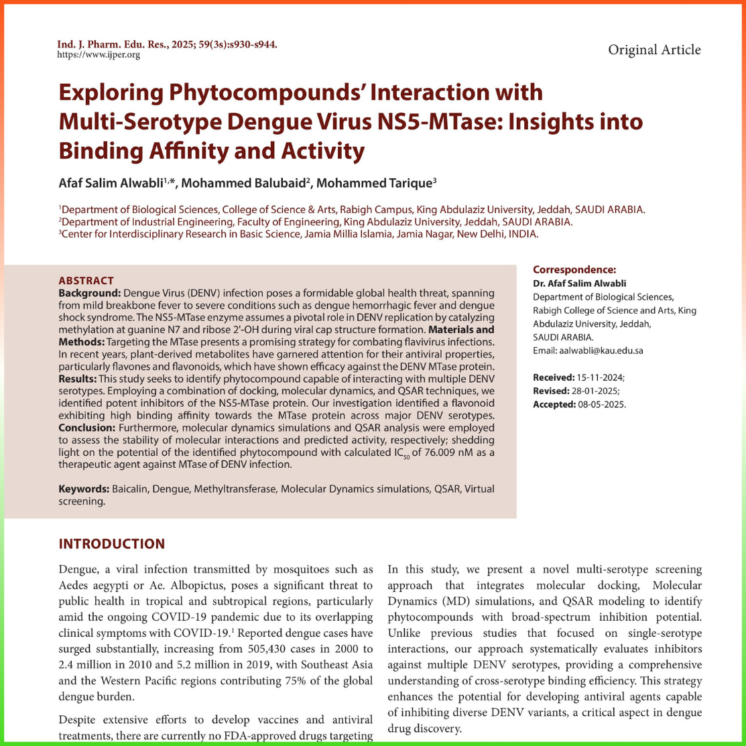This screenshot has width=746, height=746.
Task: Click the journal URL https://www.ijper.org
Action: pyautogui.click(x=99, y=55)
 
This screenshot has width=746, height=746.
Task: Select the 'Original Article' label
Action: pyautogui.click(x=654, y=50)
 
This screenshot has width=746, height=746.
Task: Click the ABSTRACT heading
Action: pyautogui.click(x=86, y=281)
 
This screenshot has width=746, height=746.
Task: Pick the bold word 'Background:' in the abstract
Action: pyautogui.click(x=90, y=294)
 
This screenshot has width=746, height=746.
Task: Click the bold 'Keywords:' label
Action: pyautogui.click(x=83, y=490)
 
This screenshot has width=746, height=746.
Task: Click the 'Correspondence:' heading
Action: pyautogui.click(x=574, y=270)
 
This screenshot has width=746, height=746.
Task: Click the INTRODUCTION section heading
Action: pyautogui.click(x=111, y=544)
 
